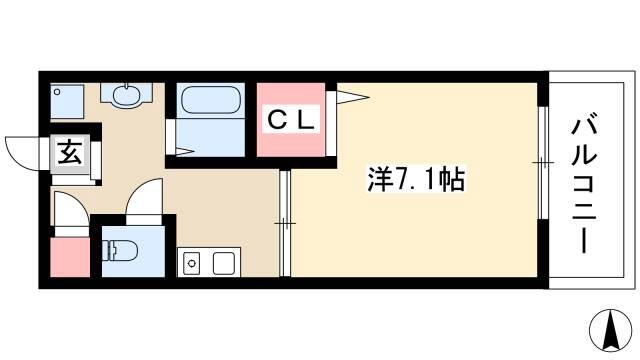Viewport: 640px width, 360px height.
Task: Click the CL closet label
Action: pos(291,119)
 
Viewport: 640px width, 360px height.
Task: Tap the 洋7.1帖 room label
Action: pos(416,180)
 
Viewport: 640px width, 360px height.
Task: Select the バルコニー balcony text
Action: pos(584,186)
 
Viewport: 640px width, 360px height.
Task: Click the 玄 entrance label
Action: pos(70,151)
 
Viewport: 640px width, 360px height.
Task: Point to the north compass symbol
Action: pos(611,330)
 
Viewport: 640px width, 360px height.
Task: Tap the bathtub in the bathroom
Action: pos(211,100)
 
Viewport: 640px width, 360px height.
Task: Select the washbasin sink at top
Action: pos(127,95)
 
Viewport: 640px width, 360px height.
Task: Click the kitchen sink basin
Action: pos(191,263)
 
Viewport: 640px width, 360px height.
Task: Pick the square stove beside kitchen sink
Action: pos(223,263)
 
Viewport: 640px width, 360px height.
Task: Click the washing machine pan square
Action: pos(67,101)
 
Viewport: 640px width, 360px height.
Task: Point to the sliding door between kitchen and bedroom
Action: pos(285,224)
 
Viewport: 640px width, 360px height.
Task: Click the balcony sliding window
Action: pos(543,163)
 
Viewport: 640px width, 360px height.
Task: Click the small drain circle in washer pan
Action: pos(58,92)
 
